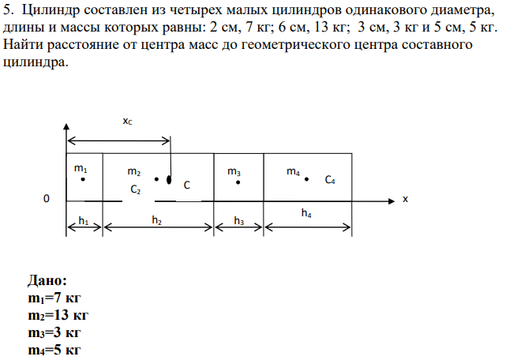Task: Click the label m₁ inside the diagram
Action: click(81, 168)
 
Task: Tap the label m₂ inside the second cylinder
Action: click(134, 171)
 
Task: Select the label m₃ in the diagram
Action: click(234, 171)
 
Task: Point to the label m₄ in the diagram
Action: click(293, 171)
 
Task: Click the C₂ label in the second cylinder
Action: click(136, 189)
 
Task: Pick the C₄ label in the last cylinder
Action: click(330, 180)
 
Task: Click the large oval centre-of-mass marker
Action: click(169, 180)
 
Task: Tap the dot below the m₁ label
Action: click(83, 179)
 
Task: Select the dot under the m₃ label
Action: click(238, 182)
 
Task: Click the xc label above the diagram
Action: click(127, 121)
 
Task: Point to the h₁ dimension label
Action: click(84, 221)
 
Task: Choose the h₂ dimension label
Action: click(157, 220)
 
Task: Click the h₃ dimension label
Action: click(239, 221)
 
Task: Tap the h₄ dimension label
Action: click(306, 213)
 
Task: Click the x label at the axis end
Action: click(406, 199)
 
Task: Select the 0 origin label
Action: click(47, 199)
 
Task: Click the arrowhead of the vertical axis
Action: click(66, 126)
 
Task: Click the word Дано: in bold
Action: click(47, 280)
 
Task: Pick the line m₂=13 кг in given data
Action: click(58, 315)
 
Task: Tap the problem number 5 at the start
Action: click(8, 10)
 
